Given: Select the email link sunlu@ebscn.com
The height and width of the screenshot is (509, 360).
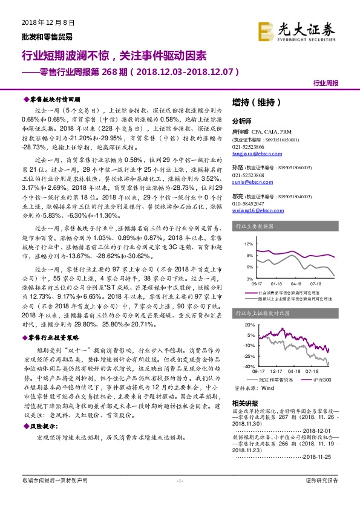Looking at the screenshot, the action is tap(249, 180).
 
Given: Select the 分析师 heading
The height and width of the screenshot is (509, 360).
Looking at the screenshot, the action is tap(241, 120).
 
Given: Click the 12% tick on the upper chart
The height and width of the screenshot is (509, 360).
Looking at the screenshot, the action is tap(248, 244).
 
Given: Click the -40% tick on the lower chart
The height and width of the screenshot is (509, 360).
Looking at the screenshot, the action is tap(247, 366).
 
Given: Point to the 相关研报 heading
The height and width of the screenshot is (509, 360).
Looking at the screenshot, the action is tap(244, 403).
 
